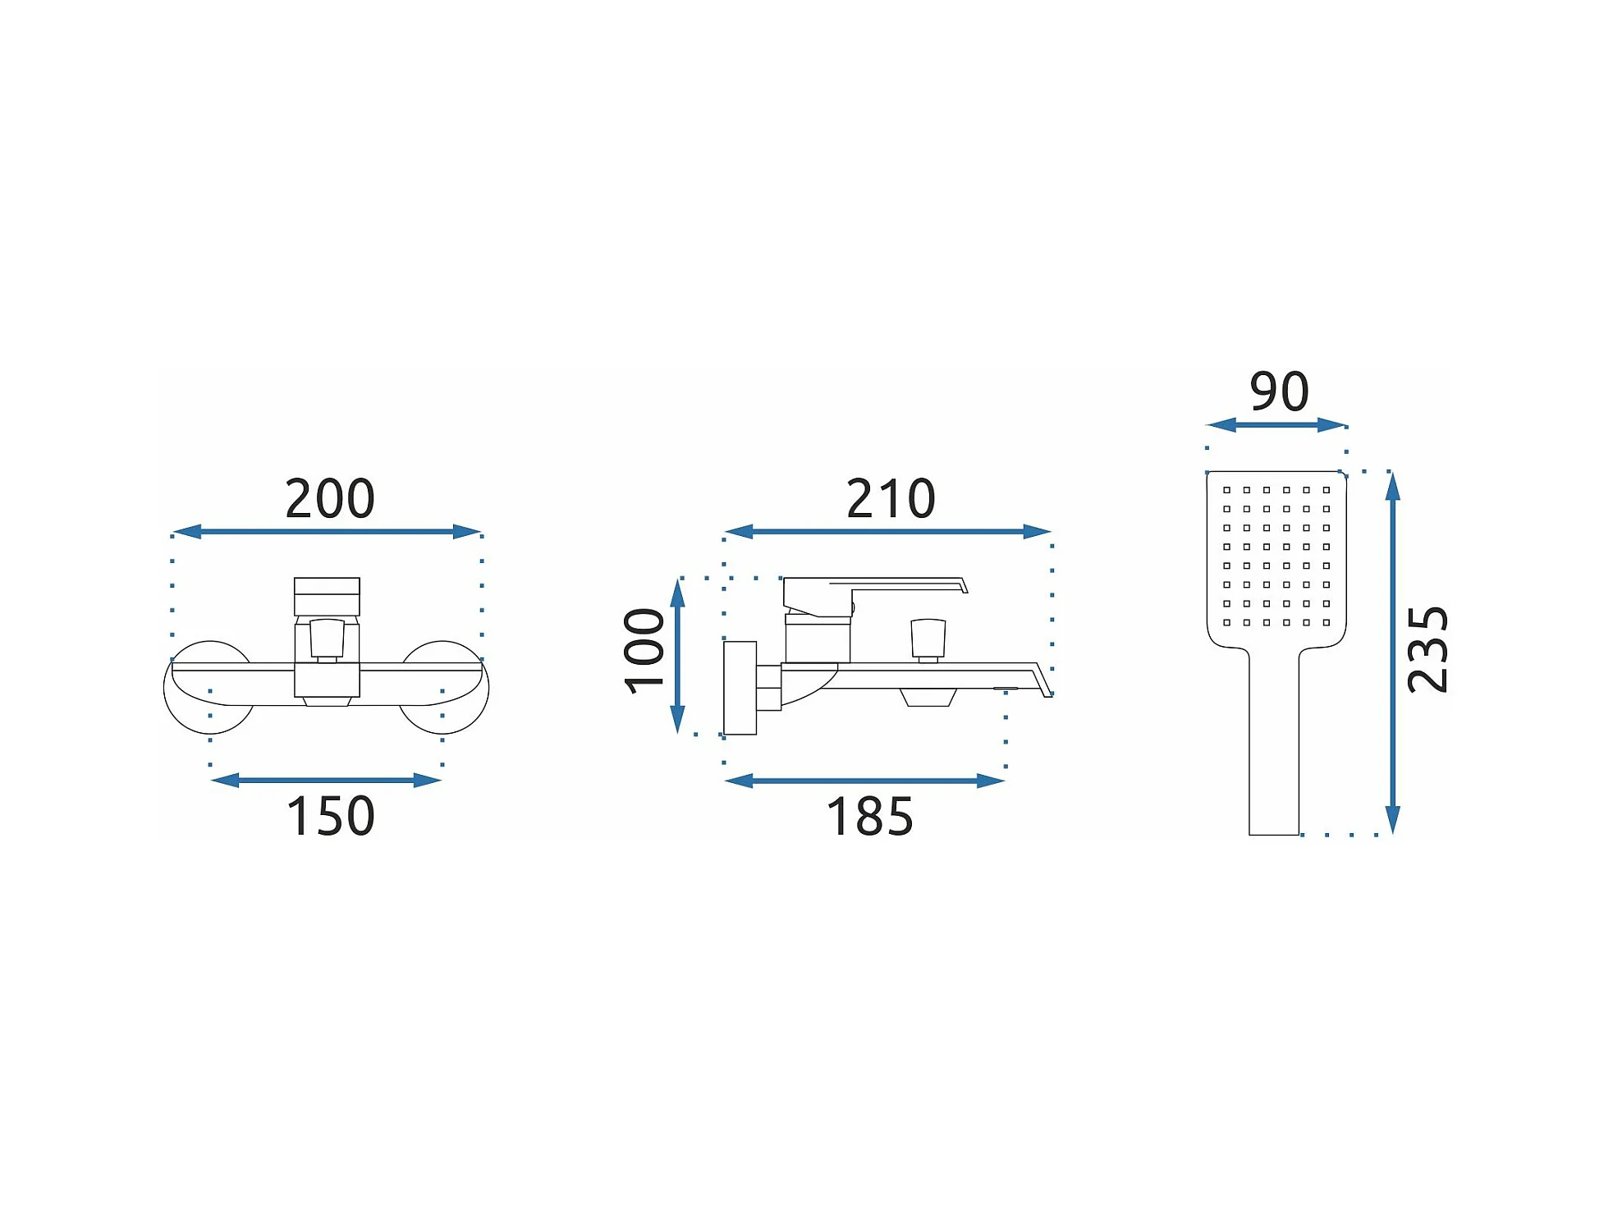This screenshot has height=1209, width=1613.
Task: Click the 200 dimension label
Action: point(330,498)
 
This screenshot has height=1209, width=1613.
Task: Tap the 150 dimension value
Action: point(330,816)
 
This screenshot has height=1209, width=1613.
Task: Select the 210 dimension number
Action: point(891,498)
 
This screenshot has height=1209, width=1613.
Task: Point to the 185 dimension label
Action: point(869,817)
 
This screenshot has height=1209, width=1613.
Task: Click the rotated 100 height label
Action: point(644,651)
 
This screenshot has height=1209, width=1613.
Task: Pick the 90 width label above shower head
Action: point(1279,392)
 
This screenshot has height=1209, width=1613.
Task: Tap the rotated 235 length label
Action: point(1427,650)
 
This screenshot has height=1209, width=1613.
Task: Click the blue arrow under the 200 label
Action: point(327,532)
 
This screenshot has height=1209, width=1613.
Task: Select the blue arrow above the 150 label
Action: point(326,780)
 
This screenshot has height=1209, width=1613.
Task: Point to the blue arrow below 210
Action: point(887,532)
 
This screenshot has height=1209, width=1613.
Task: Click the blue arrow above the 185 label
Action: point(864,781)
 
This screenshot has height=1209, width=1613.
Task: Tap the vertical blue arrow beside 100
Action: point(677,655)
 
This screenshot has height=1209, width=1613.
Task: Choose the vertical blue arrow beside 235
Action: point(1392,653)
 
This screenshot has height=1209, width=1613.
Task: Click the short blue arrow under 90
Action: point(1276,425)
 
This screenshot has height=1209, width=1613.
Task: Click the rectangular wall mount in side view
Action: point(740,688)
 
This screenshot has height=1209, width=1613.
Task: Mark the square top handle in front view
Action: point(327,596)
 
